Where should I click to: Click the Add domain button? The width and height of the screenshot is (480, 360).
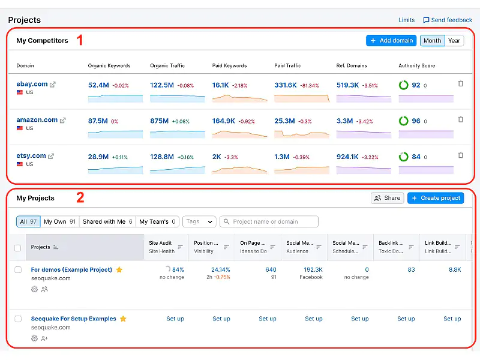pyautogui.click(x=391, y=41)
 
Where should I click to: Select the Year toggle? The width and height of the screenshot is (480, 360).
pyautogui.click(x=454, y=41)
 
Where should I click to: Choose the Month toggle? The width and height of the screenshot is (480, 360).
pyautogui.click(x=432, y=41)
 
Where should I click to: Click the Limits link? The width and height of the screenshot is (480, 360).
pyautogui.click(x=406, y=20)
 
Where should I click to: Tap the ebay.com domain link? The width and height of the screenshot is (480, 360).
pyautogui.click(x=32, y=84)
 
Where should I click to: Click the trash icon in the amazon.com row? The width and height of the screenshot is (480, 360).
pyautogui.click(x=461, y=119)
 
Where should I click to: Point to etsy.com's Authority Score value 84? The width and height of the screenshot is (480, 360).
pyautogui.click(x=416, y=157)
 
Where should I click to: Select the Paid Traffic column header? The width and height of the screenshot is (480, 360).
pyautogui.click(x=287, y=65)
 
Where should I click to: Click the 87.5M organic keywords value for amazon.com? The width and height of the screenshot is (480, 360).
pyautogui.click(x=98, y=121)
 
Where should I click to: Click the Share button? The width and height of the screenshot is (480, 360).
pyautogui.click(x=386, y=198)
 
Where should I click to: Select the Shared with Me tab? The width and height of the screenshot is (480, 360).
pyautogui.click(x=107, y=221)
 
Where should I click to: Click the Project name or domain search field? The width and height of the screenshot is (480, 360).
pyautogui.click(x=269, y=221)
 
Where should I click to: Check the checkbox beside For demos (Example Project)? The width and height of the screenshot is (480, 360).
pyautogui.click(x=18, y=270)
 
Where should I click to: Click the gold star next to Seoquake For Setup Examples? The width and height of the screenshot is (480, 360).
pyautogui.click(x=123, y=319)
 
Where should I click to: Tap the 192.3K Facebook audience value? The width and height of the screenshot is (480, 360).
pyautogui.click(x=313, y=270)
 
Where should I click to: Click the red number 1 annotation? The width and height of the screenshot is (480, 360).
pyautogui.click(x=80, y=41)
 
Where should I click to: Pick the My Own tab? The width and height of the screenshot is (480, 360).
pyautogui.click(x=59, y=221)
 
